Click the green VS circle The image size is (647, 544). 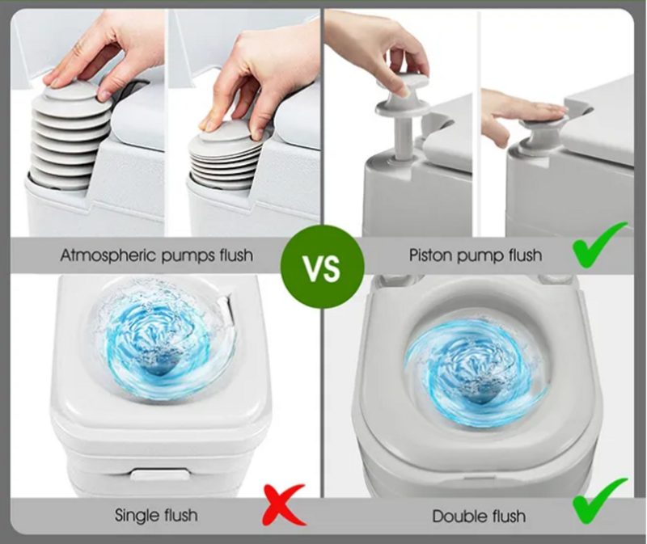click(322, 268)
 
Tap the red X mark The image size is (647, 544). click(285, 504)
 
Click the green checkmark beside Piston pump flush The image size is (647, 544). click(599, 244)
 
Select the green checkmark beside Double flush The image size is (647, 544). click(600, 501)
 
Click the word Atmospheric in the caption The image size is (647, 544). click(108, 255)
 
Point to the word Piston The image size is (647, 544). click(429, 255)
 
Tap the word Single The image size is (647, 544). click(136, 515)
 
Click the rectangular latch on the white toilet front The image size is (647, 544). click(160, 474)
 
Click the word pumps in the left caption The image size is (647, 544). click(186, 256)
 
